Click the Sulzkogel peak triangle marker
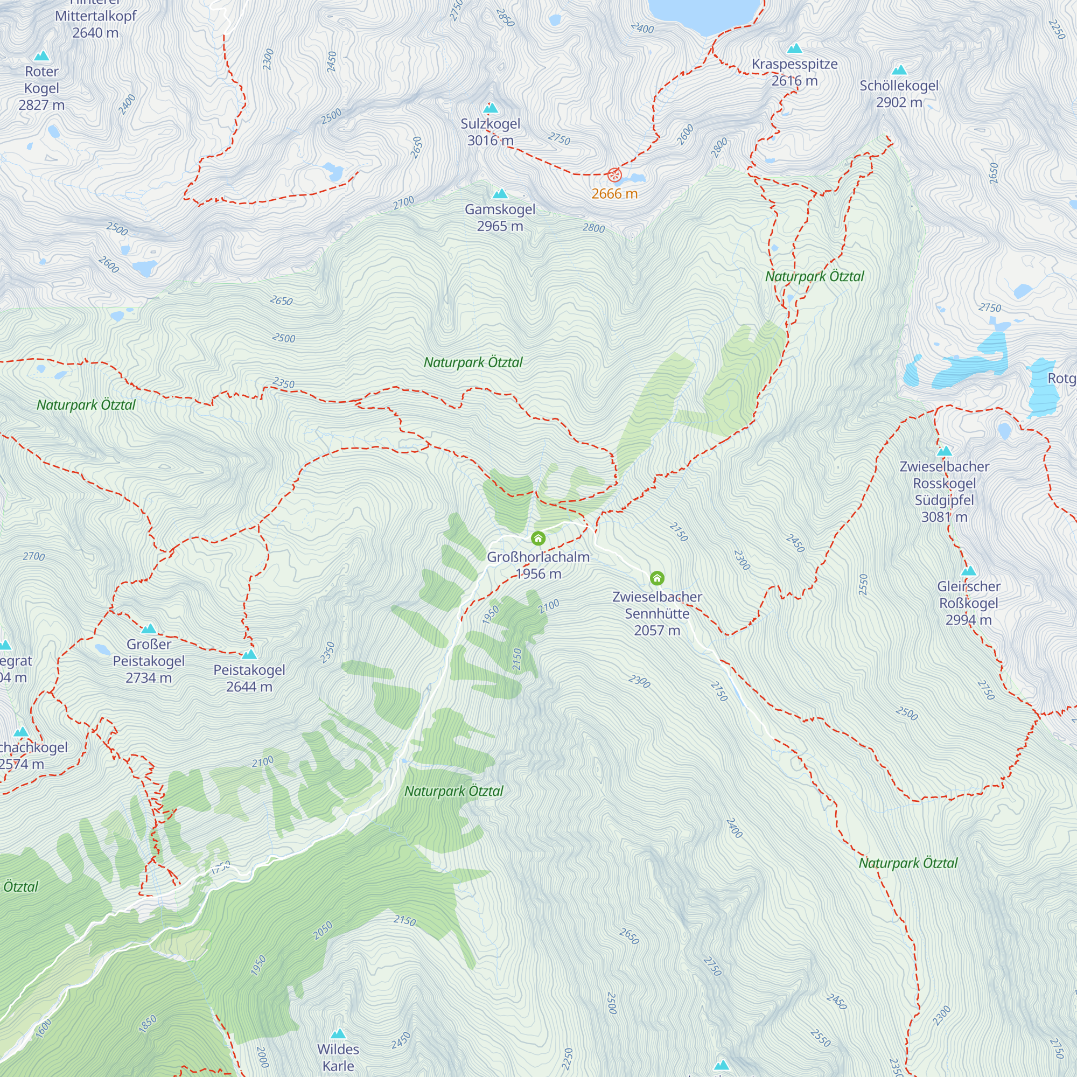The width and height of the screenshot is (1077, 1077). coord(491,108)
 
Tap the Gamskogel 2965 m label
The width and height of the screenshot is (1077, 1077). coord(500,218)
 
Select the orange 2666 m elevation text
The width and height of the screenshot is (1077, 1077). coord(614,193)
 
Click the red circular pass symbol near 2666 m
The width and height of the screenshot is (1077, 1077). coord(614,174)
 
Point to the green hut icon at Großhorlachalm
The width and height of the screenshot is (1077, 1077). coord(538,538)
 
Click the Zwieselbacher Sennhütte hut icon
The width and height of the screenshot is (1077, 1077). coord(657,577)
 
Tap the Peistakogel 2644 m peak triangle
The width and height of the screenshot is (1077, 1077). coord(249,654)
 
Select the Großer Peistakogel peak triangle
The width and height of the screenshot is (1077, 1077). coord(149,629)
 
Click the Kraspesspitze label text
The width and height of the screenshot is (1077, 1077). coord(794,64)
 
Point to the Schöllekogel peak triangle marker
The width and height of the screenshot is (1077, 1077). coord(899,70)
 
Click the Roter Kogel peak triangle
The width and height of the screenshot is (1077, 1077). coord(42,56)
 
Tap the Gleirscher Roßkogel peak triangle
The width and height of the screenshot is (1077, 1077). coord(969,571)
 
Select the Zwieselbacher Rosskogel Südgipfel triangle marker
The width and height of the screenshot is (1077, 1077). coord(945,451)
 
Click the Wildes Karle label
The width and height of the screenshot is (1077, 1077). coord(338,1057)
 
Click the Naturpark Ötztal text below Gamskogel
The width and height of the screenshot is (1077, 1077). coord(473,362)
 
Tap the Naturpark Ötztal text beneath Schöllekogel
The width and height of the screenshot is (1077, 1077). coord(814,276)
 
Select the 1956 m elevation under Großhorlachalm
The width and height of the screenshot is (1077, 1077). coord(538,574)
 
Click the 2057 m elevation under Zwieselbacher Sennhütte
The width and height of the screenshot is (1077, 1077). coord(656,631)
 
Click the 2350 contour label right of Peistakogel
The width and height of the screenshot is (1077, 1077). coord(328,652)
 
